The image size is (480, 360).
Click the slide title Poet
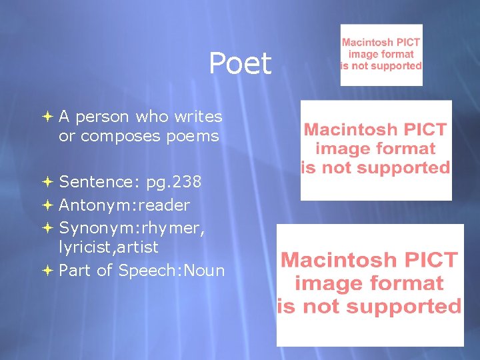click(240, 64)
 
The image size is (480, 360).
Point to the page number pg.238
click(174, 182)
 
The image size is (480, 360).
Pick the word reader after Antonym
click(163, 205)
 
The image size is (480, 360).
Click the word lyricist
click(83, 247)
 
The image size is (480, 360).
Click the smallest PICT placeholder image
click(381, 55)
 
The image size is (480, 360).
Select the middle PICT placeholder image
click(376, 150)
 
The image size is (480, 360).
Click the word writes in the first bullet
click(198, 117)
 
